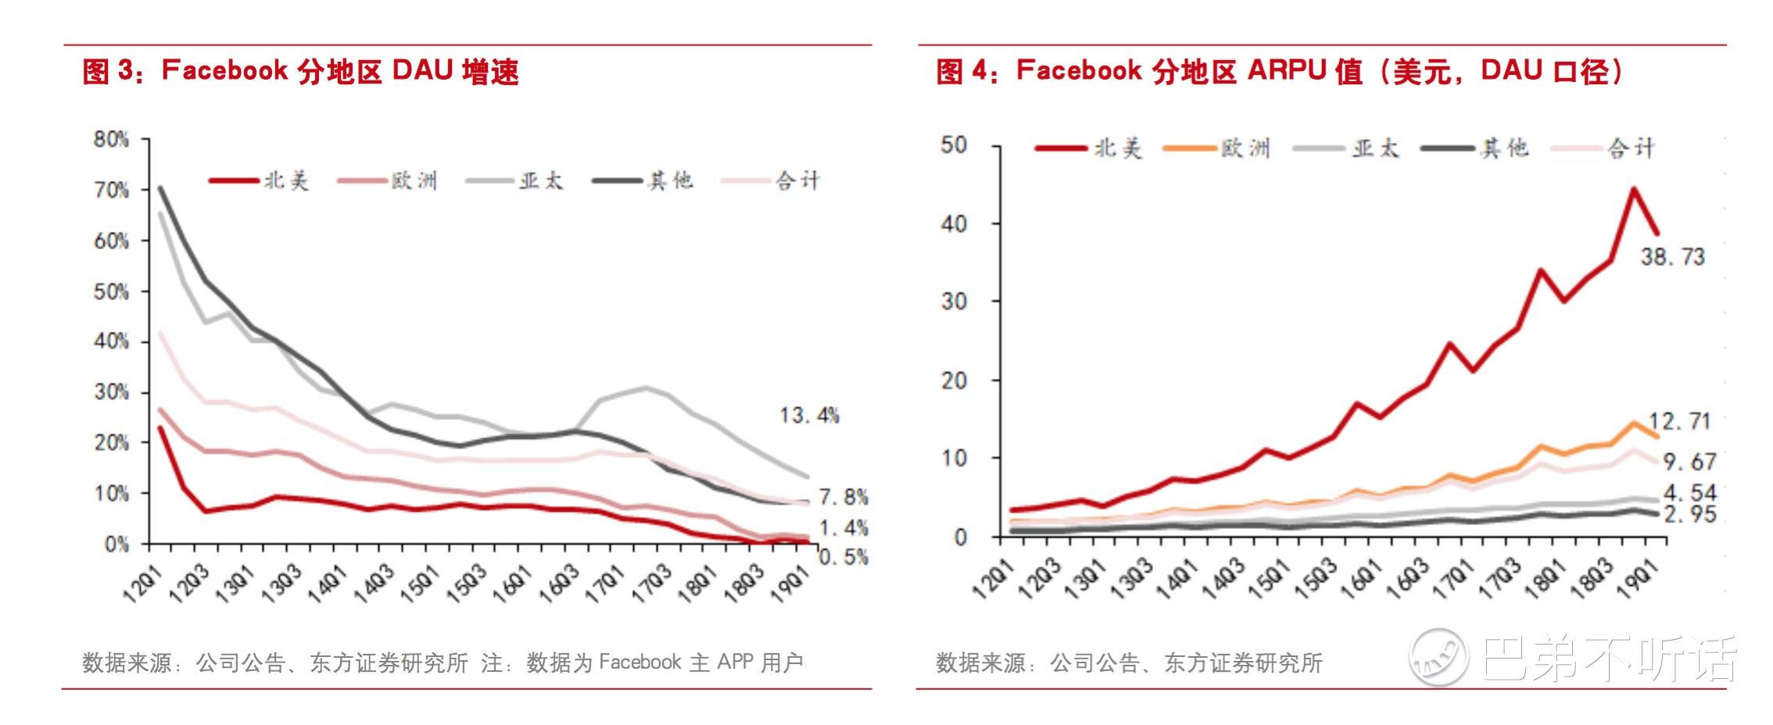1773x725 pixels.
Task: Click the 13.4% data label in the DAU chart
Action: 808,416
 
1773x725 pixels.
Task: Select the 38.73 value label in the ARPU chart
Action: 1672,257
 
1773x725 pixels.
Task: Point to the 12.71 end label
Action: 1679,422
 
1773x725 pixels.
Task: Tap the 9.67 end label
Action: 1689,462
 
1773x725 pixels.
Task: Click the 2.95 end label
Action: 1689,514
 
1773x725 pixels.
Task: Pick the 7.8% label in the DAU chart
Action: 843,497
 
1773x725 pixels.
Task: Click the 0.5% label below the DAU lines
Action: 843,557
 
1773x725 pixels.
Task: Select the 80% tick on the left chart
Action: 111,140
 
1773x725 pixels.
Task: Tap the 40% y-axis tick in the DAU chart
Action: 111,341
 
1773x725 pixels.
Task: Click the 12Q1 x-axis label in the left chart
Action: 141,584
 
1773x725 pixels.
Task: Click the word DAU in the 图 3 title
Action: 422,71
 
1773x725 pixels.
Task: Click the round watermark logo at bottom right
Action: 1438,658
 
